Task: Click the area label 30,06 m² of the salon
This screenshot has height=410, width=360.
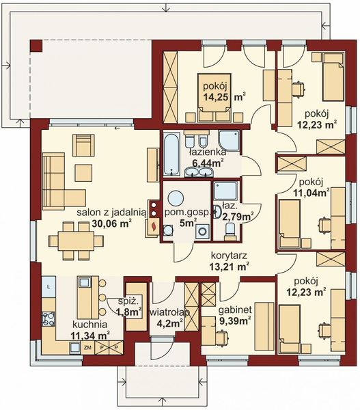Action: [111, 223]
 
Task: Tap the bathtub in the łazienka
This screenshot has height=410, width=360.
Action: [171, 154]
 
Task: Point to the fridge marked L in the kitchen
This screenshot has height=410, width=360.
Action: [49, 286]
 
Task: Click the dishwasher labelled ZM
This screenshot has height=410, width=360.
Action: [87, 348]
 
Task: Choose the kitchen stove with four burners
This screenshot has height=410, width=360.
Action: [49, 318]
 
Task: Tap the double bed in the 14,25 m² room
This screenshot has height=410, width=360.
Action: [214, 98]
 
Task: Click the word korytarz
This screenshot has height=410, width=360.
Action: [229, 255]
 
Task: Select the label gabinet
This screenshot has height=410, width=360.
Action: [235, 310]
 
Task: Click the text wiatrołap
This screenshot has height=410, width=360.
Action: [169, 312]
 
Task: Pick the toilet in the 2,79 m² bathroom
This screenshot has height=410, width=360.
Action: [230, 230]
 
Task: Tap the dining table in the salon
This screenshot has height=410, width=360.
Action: [76, 241]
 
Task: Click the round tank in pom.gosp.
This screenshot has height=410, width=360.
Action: [176, 198]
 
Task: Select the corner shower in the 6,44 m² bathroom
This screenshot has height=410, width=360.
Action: [229, 140]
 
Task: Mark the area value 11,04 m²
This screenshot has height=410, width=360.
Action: [311, 193]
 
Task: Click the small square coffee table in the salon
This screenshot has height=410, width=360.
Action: [83, 173]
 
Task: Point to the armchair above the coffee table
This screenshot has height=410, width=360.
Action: [83, 145]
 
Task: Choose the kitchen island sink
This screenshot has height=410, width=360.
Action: [85, 282]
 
